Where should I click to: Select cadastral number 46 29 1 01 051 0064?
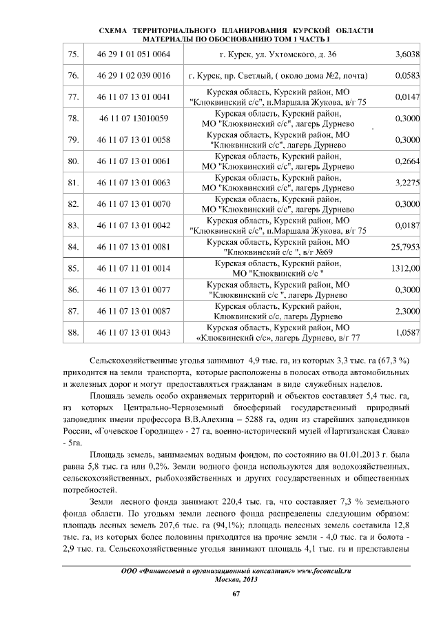coord(134,54)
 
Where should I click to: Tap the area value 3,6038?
coord(406,54)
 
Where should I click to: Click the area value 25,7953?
coord(404,246)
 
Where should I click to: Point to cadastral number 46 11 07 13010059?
coord(134,119)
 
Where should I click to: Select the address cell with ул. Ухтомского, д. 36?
coord(278,54)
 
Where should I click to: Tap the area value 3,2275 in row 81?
coord(406,183)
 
